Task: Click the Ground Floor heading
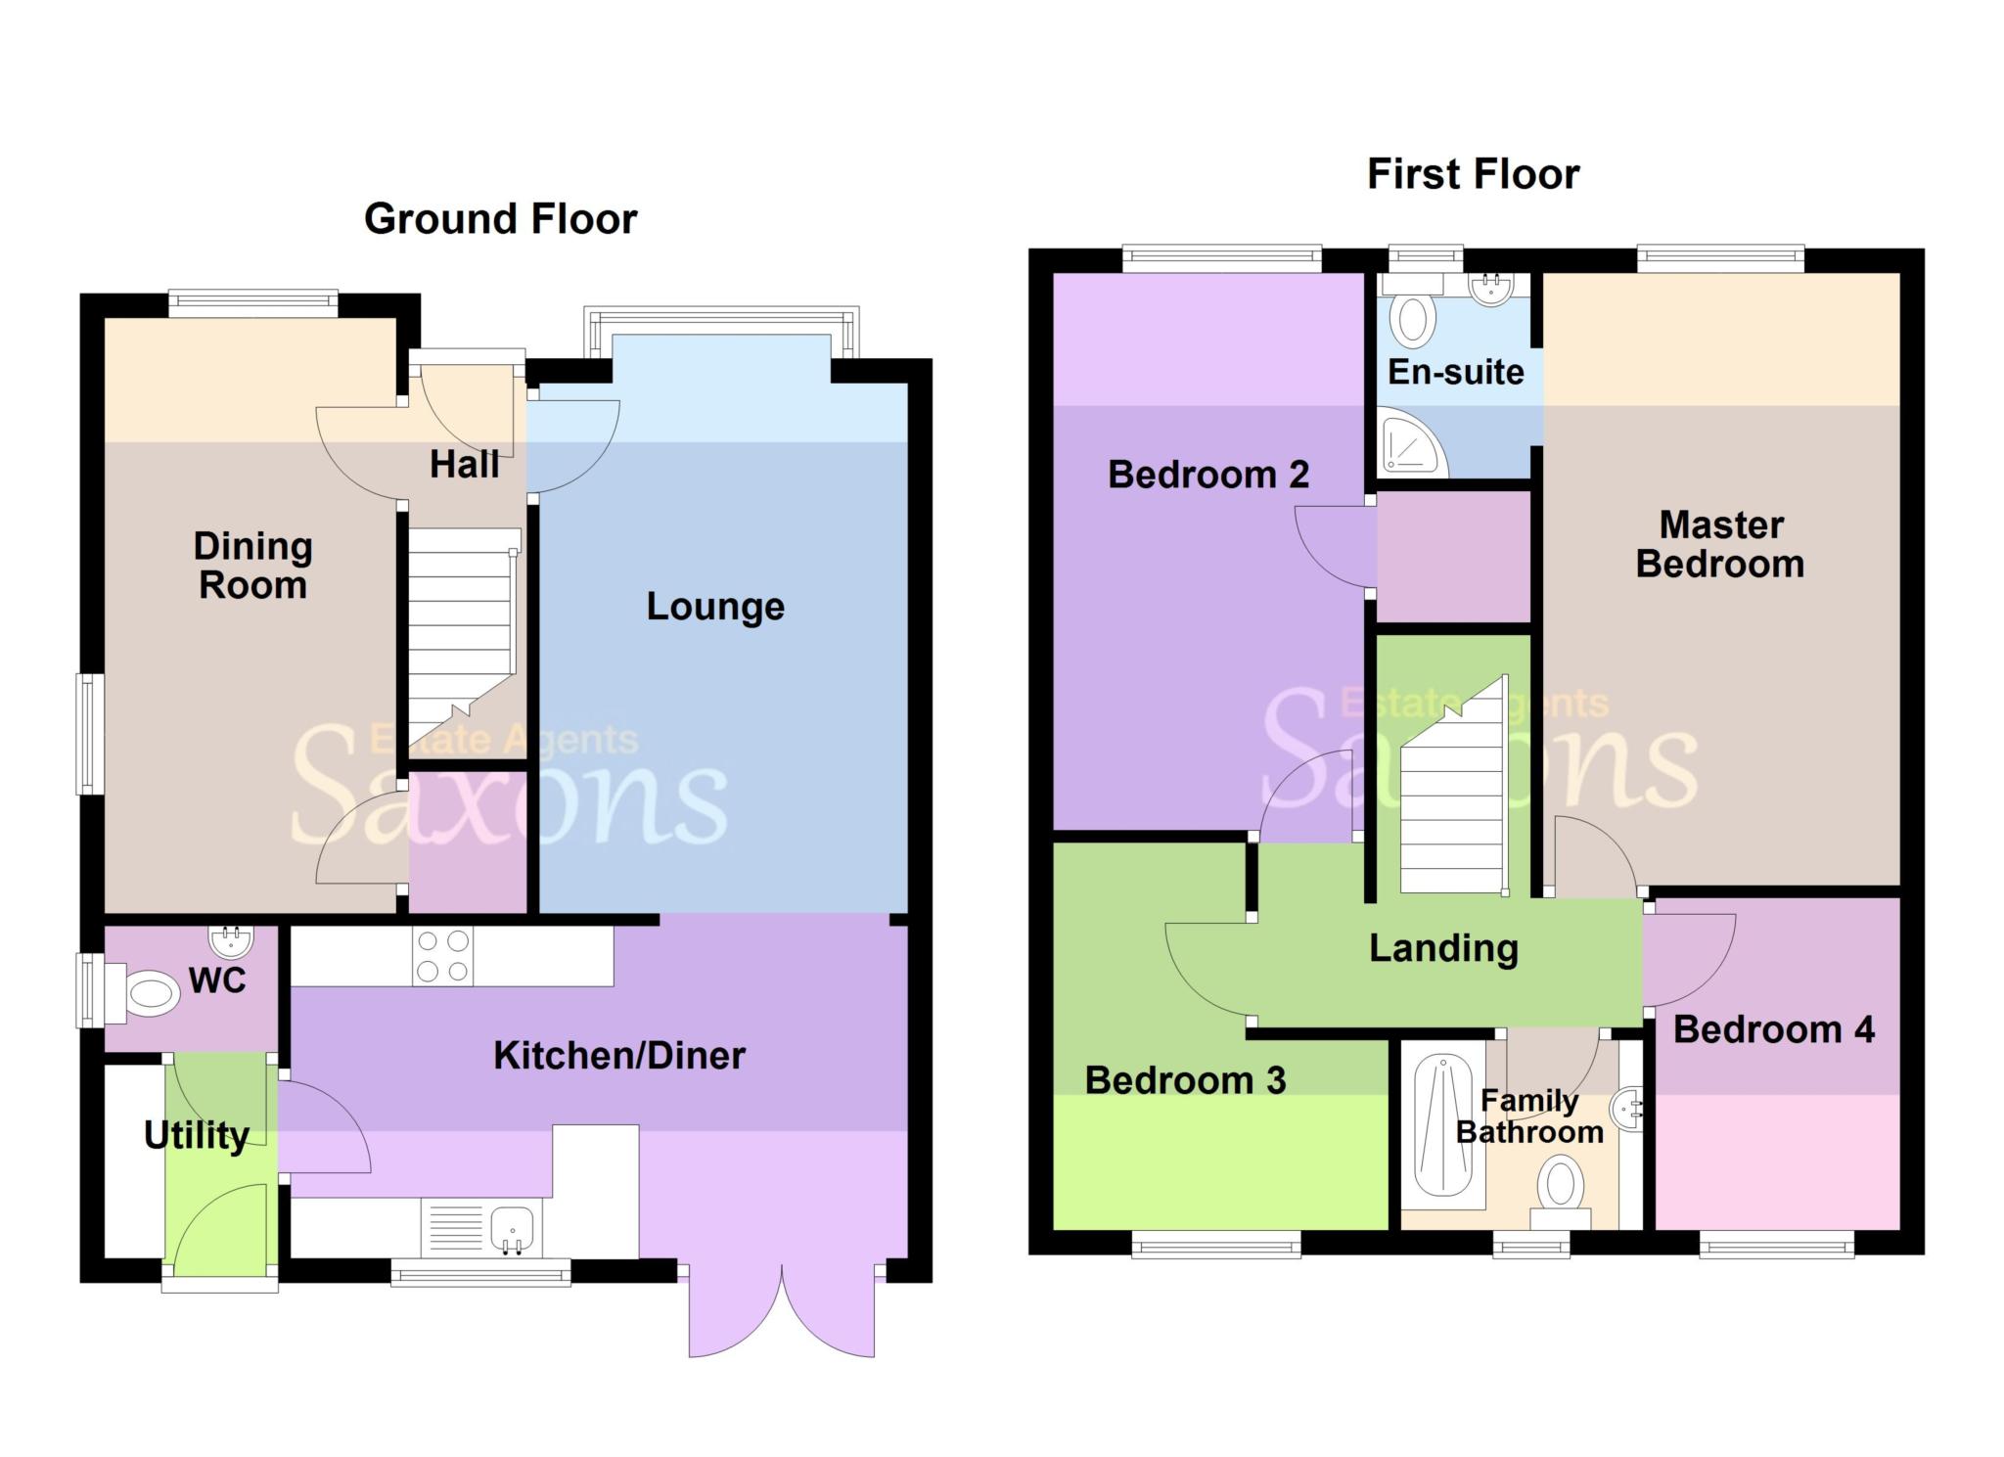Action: pyautogui.click(x=500, y=218)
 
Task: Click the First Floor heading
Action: pyautogui.click(x=1472, y=174)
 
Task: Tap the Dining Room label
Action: pyautogui.click(x=252, y=566)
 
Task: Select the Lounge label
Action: pyautogui.click(x=715, y=607)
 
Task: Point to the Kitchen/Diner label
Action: pyautogui.click(x=618, y=1055)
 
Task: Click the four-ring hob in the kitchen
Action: pyautogui.click(x=442, y=956)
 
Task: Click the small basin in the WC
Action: pyautogui.click(x=232, y=940)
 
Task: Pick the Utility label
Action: pyautogui.click(x=196, y=1135)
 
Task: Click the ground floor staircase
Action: pyautogui.click(x=460, y=636)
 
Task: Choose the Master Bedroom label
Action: pyautogui.click(x=1720, y=545)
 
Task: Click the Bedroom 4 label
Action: pyautogui.click(x=1773, y=1029)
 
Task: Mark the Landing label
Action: pyautogui.click(x=1443, y=947)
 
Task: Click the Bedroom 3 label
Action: pyautogui.click(x=1185, y=1080)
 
